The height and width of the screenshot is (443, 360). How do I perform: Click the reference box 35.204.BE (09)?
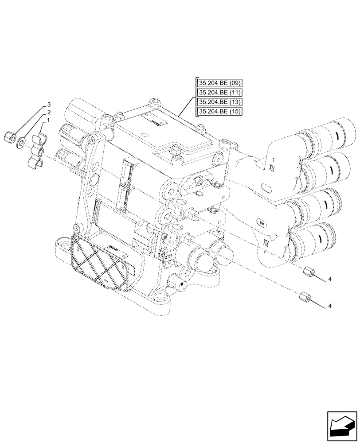tap(219, 83)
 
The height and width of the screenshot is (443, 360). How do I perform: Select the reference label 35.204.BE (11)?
tap(219, 93)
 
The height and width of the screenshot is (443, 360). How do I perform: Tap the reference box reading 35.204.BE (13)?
tap(219, 102)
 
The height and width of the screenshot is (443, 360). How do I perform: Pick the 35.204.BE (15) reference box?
tap(219, 112)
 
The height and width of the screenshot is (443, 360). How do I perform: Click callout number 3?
tap(49, 105)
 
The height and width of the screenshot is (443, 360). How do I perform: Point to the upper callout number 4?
tap(330, 279)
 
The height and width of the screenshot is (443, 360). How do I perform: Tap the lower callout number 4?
tap(330, 306)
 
